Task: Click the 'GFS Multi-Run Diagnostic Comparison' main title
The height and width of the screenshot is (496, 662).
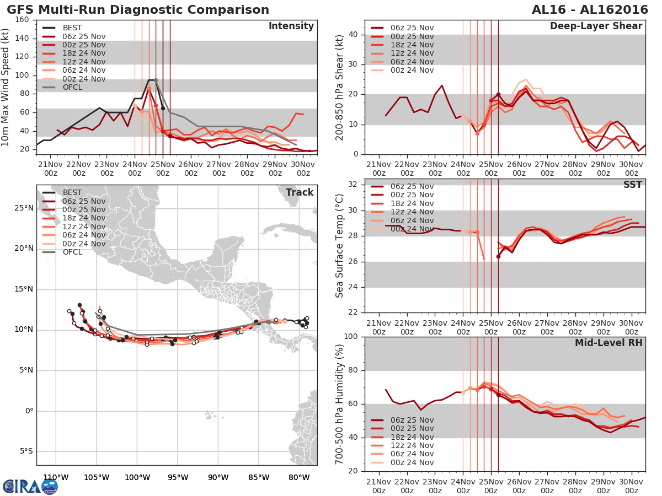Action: coord(138,10)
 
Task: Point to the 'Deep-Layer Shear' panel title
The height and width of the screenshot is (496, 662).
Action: coord(596,26)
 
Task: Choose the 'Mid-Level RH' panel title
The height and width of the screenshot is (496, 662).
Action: coord(608,343)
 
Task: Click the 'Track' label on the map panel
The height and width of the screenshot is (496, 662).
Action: coord(300,192)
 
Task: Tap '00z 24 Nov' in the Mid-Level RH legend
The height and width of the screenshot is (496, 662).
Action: coord(412,462)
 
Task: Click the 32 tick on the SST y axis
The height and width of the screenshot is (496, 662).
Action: coord(354,184)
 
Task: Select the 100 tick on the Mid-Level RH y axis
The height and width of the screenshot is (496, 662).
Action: coord(351,336)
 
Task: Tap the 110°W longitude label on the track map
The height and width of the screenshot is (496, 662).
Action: coord(55,477)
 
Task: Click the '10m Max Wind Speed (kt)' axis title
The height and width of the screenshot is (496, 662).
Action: coord(6,85)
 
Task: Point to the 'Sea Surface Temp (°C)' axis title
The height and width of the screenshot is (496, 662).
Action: coord(340,245)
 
